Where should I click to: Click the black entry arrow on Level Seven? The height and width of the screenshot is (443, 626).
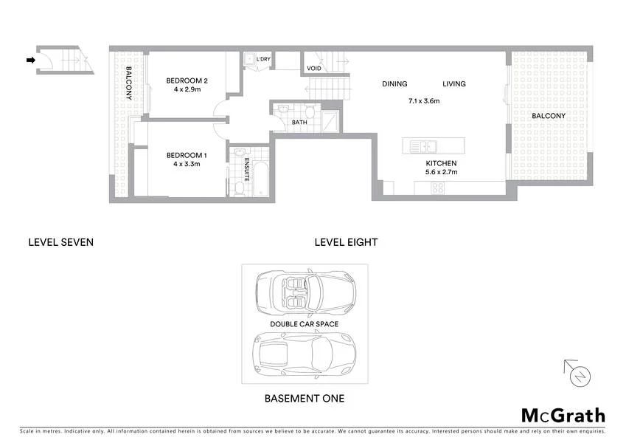click(x=30, y=61)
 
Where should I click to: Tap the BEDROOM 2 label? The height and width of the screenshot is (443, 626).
click(x=187, y=80)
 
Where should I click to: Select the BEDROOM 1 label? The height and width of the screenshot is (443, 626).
click(x=187, y=155)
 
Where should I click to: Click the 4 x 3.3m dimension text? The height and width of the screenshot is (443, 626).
click(x=187, y=164)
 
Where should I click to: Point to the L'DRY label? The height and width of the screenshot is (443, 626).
click(x=264, y=58)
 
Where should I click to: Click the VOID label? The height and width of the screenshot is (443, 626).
click(x=314, y=69)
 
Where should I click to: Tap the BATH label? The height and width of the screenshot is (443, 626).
click(x=299, y=123)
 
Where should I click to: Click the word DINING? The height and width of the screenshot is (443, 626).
click(x=394, y=84)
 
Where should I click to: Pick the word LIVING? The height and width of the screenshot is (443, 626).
click(x=454, y=84)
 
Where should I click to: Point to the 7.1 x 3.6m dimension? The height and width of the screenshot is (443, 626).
click(x=424, y=102)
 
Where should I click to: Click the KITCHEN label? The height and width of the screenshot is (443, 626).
click(x=442, y=163)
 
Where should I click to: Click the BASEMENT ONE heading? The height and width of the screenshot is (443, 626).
click(x=304, y=399)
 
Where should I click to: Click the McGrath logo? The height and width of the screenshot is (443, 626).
click(x=563, y=416)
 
